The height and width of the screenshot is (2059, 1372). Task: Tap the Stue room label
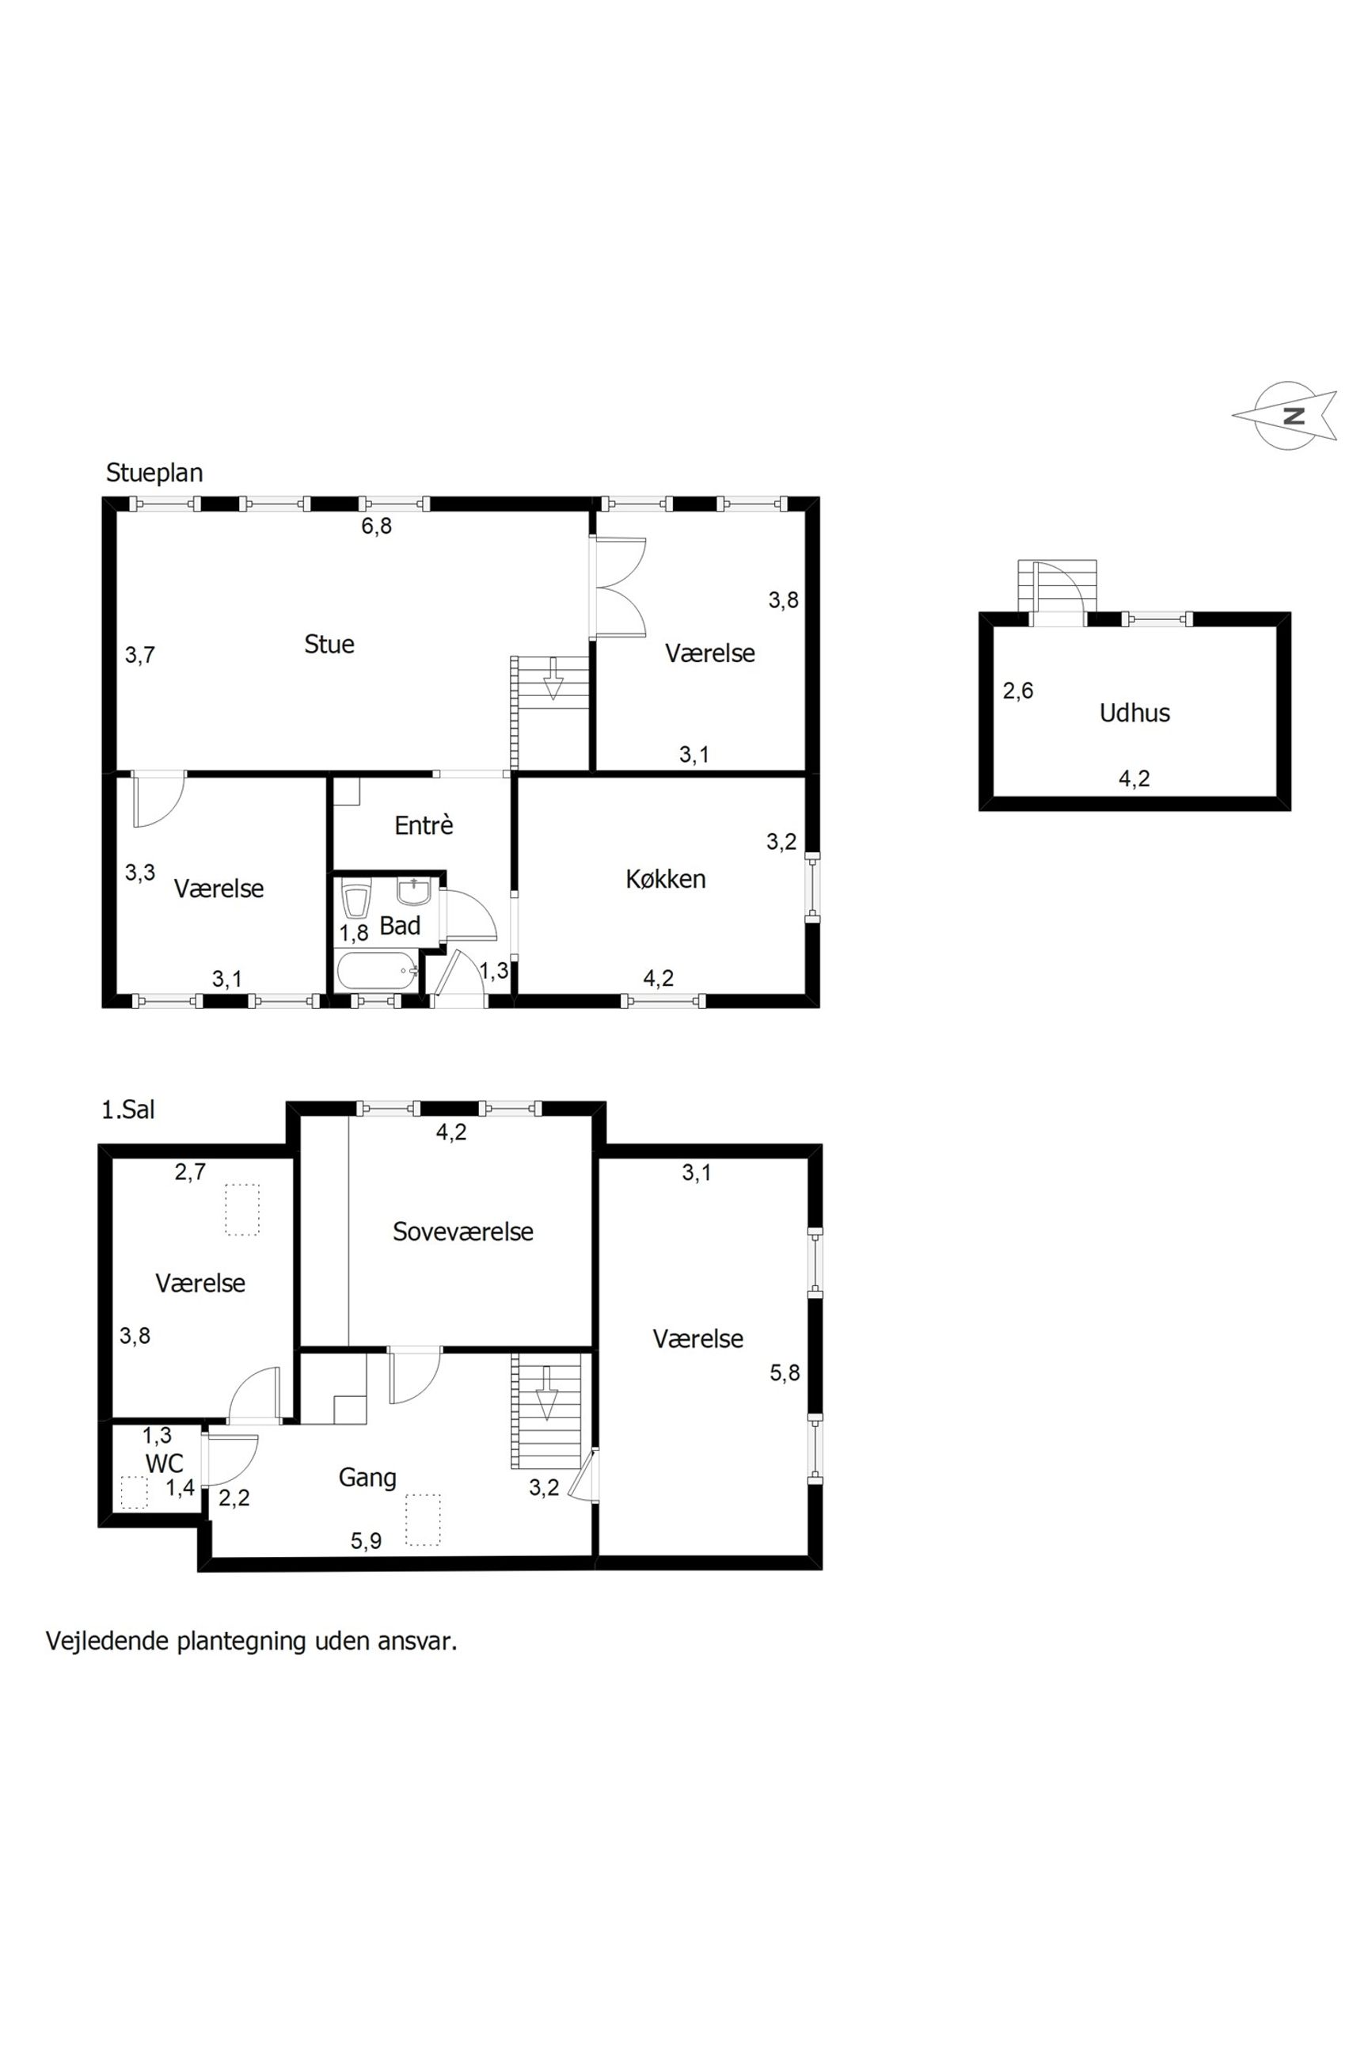pyautogui.click(x=329, y=644)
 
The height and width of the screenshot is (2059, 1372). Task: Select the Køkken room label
pyautogui.click(x=665, y=878)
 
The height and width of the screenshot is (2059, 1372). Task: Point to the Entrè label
pyautogui.click(x=424, y=824)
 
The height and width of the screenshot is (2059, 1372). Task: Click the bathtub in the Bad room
pyautogui.click(x=376, y=970)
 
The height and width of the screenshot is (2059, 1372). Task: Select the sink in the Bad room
pyautogui.click(x=413, y=891)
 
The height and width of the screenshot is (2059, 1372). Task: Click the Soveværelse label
pyautogui.click(x=463, y=1231)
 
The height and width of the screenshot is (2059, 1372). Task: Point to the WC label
pyautogui.click(x=165, y=1463)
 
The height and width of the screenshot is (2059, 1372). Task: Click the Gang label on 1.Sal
pyautogui.click(x=367, y=1478)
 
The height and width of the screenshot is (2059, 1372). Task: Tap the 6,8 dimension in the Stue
pyautogui.click(x=376, y=526)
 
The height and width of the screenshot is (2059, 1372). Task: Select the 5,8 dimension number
pyautogui.click(x=785, y=1373)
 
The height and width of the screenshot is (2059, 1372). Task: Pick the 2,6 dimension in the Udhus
pyautogui.click(x=1017, y=691)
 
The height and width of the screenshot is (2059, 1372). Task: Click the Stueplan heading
pyautogui.click(x=154, y=473)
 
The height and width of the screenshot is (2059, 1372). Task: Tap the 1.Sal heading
pyautogui.click(x=127, y=1109)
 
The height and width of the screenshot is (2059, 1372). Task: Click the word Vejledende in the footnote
pyautogui.click(x=107, y=1642)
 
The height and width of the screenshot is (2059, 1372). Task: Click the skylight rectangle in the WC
pyautogui.click(x=134, y=1493)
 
